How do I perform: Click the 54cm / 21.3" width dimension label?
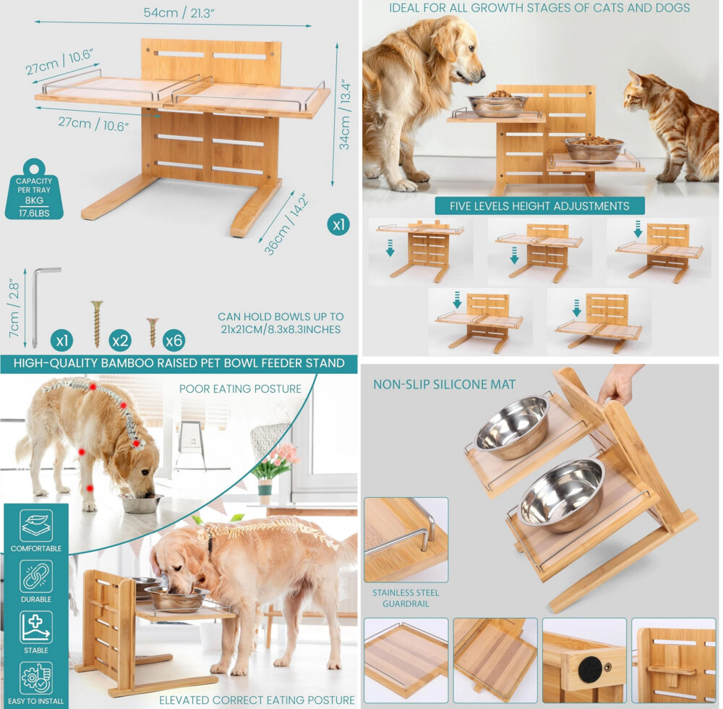click(179, 12)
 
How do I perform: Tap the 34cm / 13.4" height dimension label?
click(346, 116)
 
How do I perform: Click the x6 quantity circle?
click(174, 341)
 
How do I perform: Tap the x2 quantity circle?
click(120, 341)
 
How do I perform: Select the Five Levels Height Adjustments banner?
click(539, 205)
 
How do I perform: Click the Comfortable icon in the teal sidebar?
click(36, 525)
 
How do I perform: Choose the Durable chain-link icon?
click(36, 576)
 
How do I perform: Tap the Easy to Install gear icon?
click(36, 678)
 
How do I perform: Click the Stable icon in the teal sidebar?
click(36, 627)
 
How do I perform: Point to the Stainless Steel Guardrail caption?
click(406, 598)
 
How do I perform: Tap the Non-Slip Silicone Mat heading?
click(445, 384)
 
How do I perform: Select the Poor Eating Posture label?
click(240, 389)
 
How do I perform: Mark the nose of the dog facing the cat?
click(482, 72)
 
